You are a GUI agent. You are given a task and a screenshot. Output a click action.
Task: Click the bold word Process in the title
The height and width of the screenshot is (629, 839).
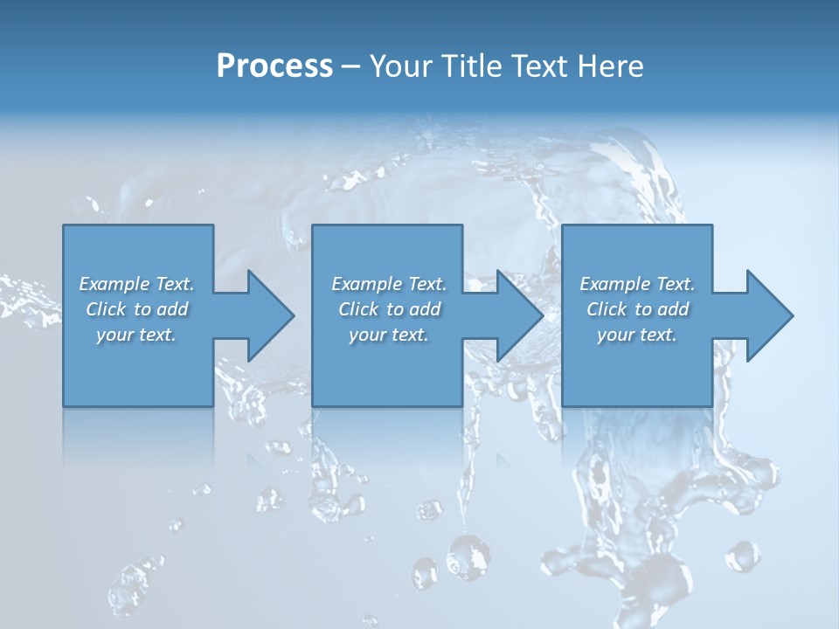pyautogui.click(x=274, y=66)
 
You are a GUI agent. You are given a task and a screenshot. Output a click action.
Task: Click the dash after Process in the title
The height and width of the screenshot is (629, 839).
pyautogui.click(x=351, y=66)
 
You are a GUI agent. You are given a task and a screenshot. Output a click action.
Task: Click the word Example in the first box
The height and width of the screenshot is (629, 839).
pyautogui.click(x=114, y=284)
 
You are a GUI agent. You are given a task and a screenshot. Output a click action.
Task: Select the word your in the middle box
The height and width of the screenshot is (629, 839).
pyautogui.click(x=367, y=335)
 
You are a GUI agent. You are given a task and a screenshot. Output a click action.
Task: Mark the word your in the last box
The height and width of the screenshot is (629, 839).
pyautogui.click(x=615, y=335)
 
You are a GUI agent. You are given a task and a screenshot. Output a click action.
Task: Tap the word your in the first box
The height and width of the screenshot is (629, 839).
pyautogui.click(x=114, y=335)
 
